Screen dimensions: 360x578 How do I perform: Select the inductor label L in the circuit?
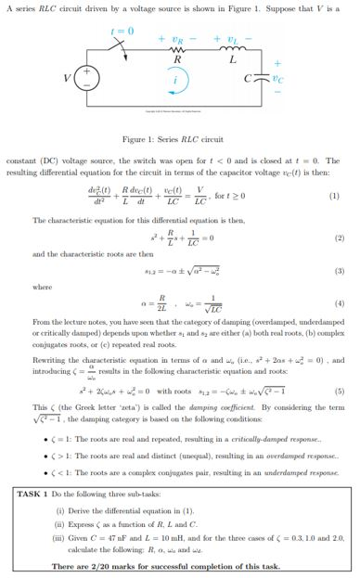click(x=231, y=58)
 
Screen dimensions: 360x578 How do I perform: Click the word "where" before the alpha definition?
click(x=43, y=287)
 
